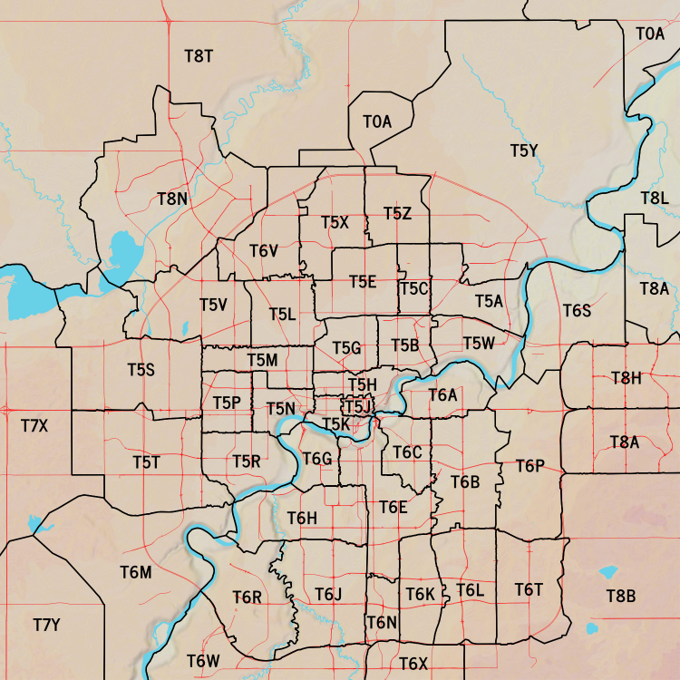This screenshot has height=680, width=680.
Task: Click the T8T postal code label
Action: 199,55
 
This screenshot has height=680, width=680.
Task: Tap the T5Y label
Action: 524,151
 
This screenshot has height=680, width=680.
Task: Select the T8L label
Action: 654,198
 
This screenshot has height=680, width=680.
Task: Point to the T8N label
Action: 172,198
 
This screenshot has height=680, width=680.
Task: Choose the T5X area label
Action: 335,221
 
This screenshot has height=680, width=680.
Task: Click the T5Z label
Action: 397,213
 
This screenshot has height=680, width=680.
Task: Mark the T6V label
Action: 263,250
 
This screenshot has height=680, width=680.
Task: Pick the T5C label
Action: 413,288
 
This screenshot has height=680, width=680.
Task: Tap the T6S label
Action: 577,311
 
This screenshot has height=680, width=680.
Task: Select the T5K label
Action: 336,423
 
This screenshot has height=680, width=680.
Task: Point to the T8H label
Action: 626,377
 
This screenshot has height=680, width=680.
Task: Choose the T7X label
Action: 34,424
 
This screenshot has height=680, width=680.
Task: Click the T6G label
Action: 317,459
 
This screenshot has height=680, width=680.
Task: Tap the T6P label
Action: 530,465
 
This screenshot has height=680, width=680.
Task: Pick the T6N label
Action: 382,622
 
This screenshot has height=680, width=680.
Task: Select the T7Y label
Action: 46,625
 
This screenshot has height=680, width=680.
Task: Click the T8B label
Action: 621,596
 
